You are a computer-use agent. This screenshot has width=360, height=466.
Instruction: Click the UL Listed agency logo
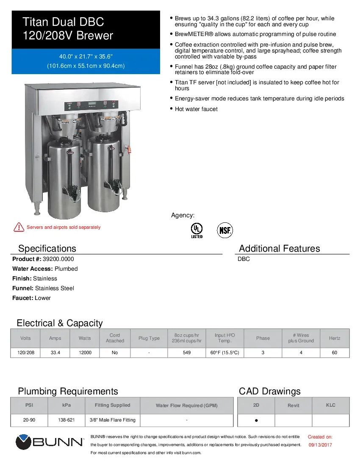click(197, 230)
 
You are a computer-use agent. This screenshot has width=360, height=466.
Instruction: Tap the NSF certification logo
click(225, 230)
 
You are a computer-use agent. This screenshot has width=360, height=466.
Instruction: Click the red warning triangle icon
click(19, 227)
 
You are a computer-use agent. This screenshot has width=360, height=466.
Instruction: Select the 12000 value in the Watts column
click(85, 352)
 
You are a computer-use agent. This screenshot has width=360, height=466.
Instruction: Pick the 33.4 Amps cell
click(55, 352)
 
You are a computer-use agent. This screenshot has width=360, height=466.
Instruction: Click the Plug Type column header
click(149, 338)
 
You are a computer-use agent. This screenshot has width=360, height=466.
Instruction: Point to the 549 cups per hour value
click(186, 352)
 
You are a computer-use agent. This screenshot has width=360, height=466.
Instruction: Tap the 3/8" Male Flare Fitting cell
click(113, 420)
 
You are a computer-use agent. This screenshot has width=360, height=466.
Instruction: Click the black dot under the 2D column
click(256, 421)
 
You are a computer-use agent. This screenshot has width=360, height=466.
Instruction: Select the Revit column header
click(294, 405)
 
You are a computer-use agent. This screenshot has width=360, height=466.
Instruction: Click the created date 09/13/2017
click(320, 445)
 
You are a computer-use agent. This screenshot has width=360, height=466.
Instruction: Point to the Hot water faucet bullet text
click(196, 109)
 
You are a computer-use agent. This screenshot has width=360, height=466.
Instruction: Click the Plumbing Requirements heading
click(68, 391)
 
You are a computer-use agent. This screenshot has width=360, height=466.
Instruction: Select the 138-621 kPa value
click(66, 420)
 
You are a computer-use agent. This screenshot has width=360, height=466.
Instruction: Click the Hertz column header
click(335, 338)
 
